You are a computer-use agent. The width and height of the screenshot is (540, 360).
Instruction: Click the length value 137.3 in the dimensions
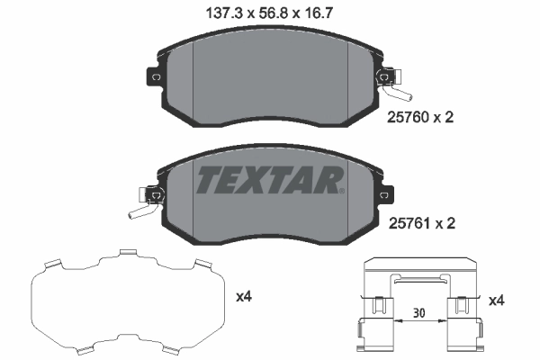213,13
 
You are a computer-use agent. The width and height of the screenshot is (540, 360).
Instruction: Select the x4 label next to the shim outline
244,297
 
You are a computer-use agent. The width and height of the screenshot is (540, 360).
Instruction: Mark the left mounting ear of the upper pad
153,78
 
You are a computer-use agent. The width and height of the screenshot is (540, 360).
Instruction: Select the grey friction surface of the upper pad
270,81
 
